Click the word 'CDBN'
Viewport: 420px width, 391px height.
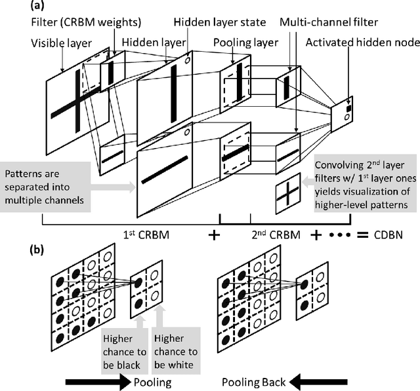click(x=385, y=233)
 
